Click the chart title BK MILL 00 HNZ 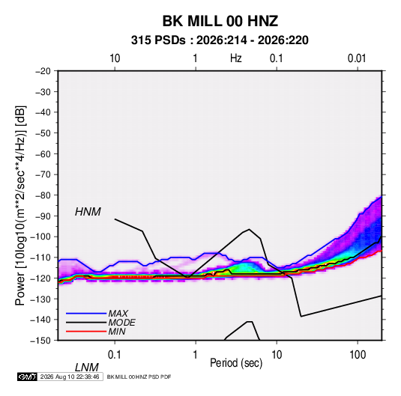click(x=220, y=21)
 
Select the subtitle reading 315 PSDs click(x=158, y=40)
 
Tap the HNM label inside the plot click(x=88, y=212)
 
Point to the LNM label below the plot click(x=87, y=368)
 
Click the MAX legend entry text click(x=118, y=313)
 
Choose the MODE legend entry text click(x=121, y=323)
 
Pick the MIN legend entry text click(x=117, y=332)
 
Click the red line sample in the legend click(x=86, y=332)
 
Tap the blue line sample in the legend click(x=86, y=313)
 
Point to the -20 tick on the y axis click(x=43, y=71)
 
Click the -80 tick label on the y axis click(x=43, y=195)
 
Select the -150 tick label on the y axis click(x=40, y=341)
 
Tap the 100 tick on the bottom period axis click(x=358, y=355)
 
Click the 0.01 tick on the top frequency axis click(x=357, y=58)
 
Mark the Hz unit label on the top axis click(x=235, y=58)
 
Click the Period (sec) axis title click(x=236, y=363)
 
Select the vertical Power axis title click(x=21, y=205)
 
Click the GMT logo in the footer click(x=28, y=377)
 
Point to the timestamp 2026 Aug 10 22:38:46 click(x=70, y=377)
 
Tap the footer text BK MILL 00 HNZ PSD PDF click(x=139, y=377)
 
